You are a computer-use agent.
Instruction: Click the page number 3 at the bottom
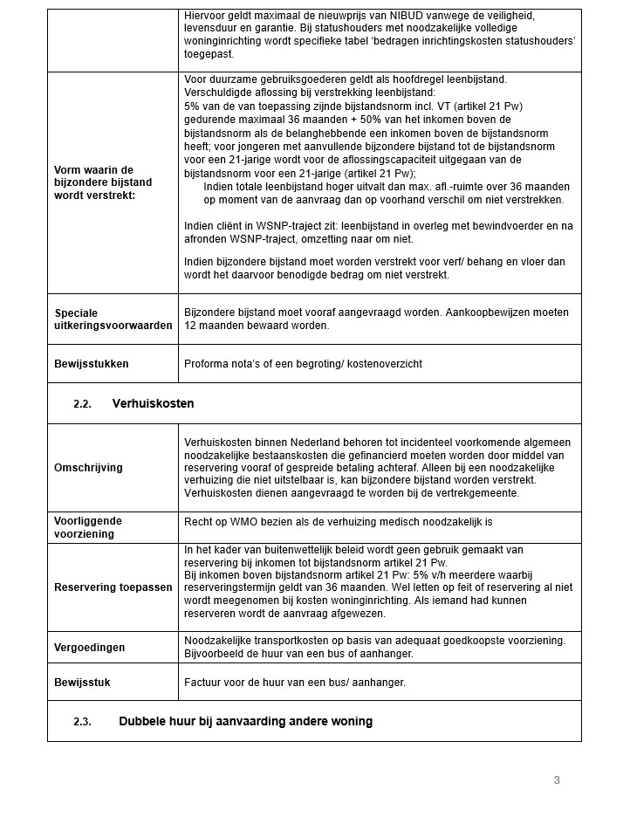tap(557, 779)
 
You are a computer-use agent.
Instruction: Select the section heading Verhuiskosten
tap(154, 404)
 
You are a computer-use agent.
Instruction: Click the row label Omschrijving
tap(88, 468)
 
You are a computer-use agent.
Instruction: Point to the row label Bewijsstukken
tap(91, 364)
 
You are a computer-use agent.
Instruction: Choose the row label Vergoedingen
tap(89, 648)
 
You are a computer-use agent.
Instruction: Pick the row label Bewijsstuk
tap(82, 683)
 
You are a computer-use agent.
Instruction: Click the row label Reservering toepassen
tap(113, 587)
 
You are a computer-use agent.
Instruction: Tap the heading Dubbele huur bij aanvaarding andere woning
tap(245, 722)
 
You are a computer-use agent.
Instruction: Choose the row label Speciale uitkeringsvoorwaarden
tap(113, 319)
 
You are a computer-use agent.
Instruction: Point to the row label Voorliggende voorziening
tap(88, 526)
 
